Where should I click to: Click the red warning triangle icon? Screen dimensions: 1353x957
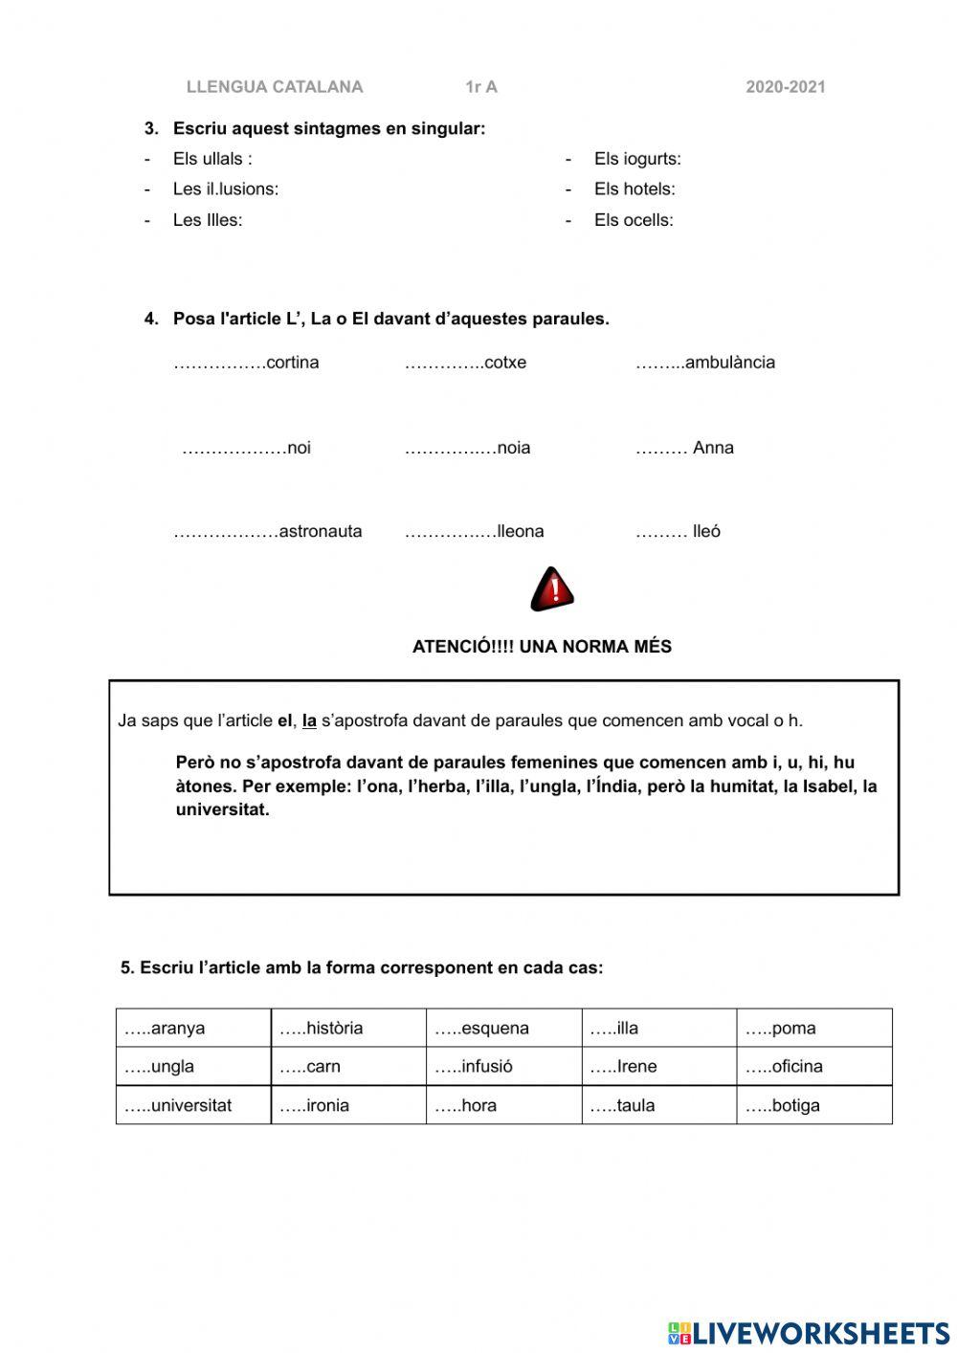point(552,588)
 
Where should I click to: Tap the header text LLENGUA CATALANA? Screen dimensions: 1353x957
point(275,87)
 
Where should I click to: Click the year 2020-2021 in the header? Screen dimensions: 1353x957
point(785,87)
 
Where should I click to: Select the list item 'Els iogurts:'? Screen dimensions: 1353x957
point(637,159)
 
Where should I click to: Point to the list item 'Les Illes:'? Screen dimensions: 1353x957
point(207,220)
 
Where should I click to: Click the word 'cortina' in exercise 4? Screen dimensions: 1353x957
point(293,363)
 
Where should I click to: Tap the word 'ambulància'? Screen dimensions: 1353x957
point(730,363)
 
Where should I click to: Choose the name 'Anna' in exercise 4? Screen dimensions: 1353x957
point(713,448)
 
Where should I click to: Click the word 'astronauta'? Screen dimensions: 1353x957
point(321,531)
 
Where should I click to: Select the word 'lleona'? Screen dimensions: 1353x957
point(521,531)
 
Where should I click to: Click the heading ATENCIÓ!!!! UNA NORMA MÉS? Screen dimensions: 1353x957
point(542,647)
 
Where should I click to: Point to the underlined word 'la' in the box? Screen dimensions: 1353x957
point(309,721)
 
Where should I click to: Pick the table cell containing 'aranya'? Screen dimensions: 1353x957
point(193,1028)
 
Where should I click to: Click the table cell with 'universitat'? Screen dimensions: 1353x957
point(193,1105)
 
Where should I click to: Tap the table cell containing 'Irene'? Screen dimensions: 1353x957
point(658,1066)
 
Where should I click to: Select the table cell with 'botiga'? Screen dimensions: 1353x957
point(813,1105)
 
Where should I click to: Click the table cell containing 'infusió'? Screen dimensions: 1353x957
point(503,1066)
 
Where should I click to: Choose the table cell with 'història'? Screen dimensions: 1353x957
point(348,1028)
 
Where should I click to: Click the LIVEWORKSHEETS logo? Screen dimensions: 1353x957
point(809,1333)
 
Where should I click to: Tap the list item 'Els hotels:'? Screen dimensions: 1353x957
point(634,189)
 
